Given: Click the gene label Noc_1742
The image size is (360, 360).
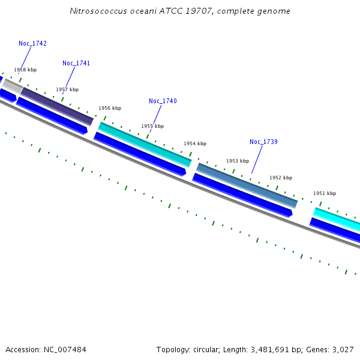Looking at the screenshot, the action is click(x=32, y=44).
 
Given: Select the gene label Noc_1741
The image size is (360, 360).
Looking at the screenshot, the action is click(x=76, y=64).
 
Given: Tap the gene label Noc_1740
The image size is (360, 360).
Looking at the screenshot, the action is click(x=163, y=101).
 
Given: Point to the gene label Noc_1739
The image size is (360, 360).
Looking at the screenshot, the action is click(x=263, y=142).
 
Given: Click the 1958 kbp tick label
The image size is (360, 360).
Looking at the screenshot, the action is click(x=25, y=70).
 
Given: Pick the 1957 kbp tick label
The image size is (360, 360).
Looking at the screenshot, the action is click(x=67, y=90).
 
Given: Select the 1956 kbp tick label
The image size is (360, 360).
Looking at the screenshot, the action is click(x=110, y=109).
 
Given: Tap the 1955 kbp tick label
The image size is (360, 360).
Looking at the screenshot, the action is click(x=152, y=127).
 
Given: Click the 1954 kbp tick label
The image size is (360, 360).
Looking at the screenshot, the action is click(x=195, y=144).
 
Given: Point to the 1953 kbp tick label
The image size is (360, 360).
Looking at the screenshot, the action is click(x=237, y=161).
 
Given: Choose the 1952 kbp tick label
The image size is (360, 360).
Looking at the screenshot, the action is click(x=281, y=178).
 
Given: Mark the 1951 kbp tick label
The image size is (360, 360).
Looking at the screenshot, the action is click(x=325, y=194).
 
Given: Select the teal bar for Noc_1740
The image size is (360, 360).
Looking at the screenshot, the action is click(x=145, y=144).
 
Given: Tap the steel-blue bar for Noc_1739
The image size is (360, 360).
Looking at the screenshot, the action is click(x=247, y=185).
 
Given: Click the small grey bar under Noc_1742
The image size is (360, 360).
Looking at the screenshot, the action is click(x=13, y=85).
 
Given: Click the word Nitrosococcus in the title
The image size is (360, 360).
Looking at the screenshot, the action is click(x=94, y=11).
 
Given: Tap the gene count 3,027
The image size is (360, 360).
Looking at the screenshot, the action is click(x=343, y=349).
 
